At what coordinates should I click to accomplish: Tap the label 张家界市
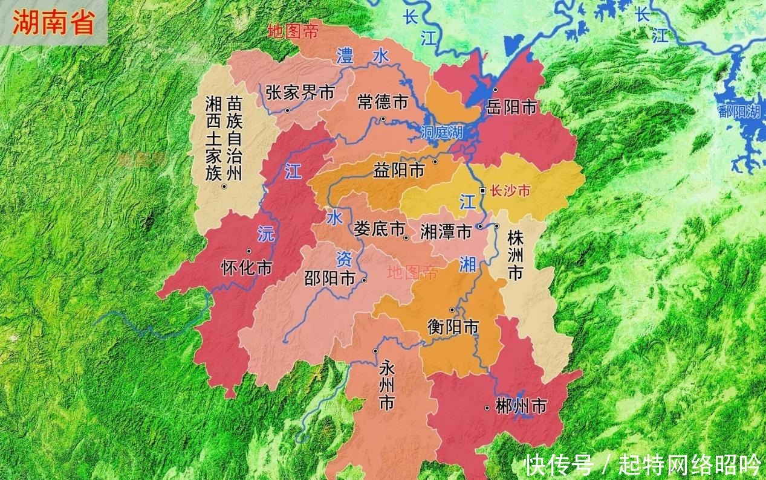pyautogui.click(x=300, y=92)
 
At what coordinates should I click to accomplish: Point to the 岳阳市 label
pyautogui.click(x=511, y=107)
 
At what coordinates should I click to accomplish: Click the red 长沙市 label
pyautogui.click(x=510, y=191)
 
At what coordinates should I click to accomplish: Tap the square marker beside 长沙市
pyautogui.click(x=482, y=191)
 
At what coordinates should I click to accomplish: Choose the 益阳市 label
pyautogui.click(x=399, y=171)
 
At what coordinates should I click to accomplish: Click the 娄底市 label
pyautogui.click(x=379, y=229)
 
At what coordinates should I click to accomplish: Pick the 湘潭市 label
pyautogui.click(x=446, y=231)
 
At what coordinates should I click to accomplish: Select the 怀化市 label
pyautogui.click(x=247, y=268)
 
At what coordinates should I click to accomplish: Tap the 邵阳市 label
pyautogui.click(x=329, y=278)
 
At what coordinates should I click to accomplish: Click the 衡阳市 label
pyautogui.click(x=453, y=327)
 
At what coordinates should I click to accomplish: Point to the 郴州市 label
pyautogui.click(x=521, y=406)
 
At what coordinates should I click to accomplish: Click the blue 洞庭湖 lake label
pyautogui.click(x=442, y=132)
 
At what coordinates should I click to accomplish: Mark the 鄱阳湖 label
pyautogui.click(x=738, y=111)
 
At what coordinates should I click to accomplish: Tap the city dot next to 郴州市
pyautogui.click(x=487, y=408)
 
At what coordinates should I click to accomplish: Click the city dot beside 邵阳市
pyautogui.click(x=364, y=280)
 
